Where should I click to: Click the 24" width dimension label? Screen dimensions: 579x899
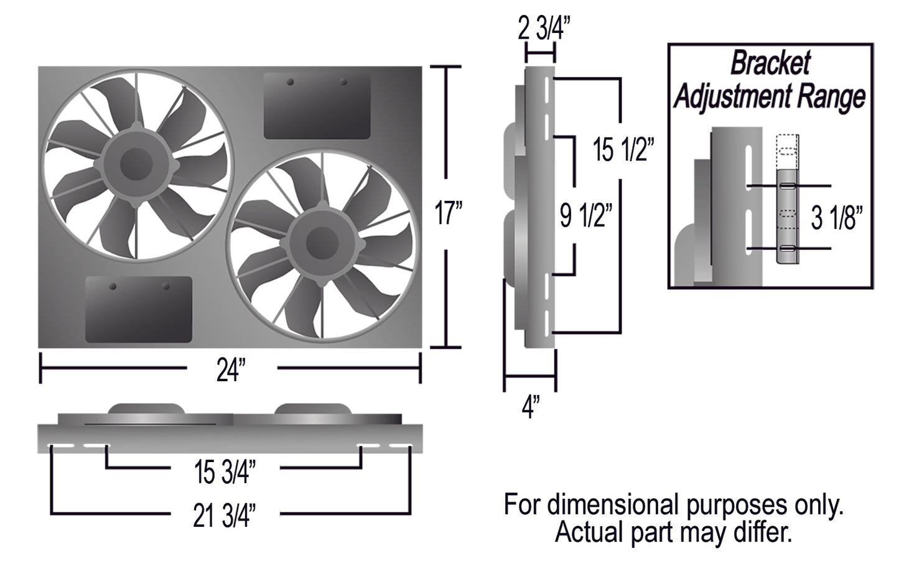pos(231,371)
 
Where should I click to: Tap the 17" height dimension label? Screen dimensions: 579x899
pos(448,214)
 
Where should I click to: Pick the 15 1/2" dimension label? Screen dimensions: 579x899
pos(622,150)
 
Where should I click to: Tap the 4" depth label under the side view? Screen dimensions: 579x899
pos(530,409)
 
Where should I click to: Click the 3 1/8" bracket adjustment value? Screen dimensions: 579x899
pos(838,218)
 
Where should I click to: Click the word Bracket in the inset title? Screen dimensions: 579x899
pos(770,63)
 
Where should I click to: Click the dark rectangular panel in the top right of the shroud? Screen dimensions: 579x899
pos(317,106)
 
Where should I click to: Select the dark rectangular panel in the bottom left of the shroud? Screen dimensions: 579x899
pos(138,309)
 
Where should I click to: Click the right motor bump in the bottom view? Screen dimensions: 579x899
pos(312,409)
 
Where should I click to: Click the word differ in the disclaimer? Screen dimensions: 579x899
pos(766,532)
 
